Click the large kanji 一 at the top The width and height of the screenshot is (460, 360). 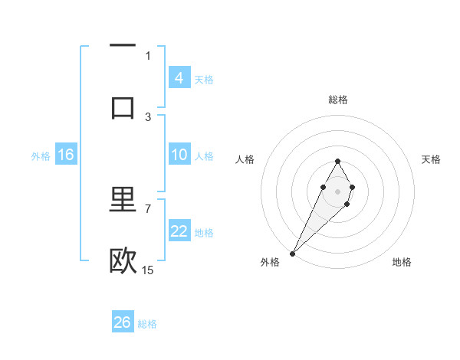point(123,47)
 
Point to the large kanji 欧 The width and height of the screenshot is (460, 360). point(123,261)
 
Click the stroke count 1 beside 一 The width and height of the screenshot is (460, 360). point(148,55)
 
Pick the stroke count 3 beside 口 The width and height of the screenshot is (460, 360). point(148,116)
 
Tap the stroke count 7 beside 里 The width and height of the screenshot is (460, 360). point(148,208)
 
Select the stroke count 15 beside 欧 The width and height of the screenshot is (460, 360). point(148,270)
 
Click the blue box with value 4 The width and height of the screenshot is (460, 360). point(179,78)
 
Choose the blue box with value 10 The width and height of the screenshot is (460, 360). point(179,155)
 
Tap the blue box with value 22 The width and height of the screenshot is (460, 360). point(179,231)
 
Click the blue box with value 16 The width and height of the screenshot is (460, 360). point(66,155)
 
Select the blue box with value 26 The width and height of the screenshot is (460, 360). point(123,322)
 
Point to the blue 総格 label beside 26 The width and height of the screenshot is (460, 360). point(147,324)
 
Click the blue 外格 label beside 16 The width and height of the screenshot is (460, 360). point(41,155)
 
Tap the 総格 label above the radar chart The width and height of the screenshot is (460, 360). point(337,100)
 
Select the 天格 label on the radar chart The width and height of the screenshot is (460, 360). point(431,159)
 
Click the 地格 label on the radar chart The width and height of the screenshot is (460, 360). point(402,262)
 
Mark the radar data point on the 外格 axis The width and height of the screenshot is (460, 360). point(293,252)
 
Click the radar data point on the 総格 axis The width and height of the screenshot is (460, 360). point(337,161)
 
